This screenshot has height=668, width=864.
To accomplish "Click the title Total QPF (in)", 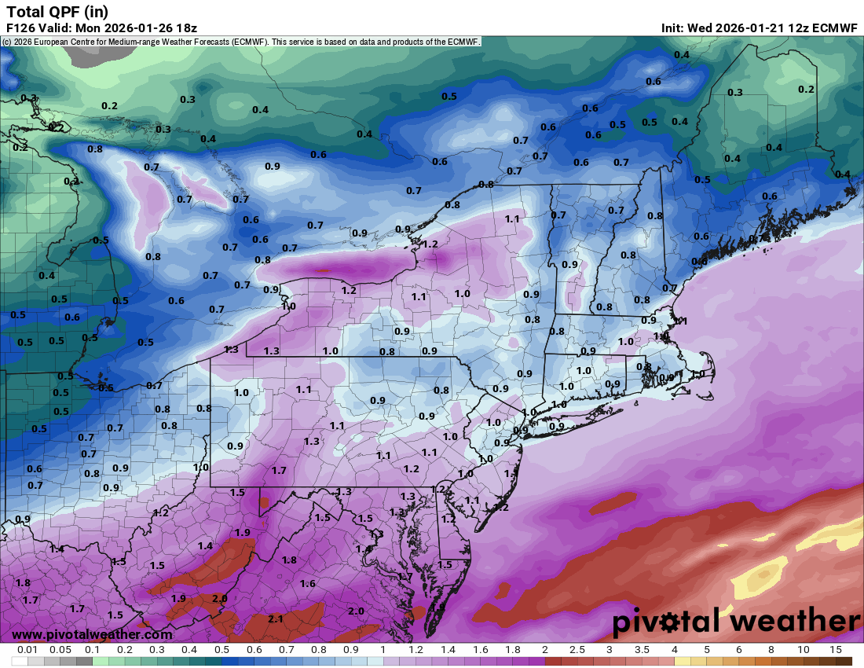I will click(57, 12).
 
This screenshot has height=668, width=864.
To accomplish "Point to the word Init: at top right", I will click(673, 28).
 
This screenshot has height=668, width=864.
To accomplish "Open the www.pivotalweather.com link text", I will click(92, 634).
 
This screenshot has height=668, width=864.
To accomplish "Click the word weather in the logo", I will click(793, 622).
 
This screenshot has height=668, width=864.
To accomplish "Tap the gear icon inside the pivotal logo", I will click(670, 624).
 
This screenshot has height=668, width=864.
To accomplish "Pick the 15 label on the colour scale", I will click(836, 650).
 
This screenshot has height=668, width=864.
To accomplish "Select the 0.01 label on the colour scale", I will click(28, 650).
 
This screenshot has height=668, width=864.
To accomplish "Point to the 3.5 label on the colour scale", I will click(642, 650).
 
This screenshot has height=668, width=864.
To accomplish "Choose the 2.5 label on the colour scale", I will click(577, 650).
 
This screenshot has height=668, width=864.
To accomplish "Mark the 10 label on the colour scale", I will click(804, 650).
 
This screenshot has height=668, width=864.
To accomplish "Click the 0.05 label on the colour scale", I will click(60, 650).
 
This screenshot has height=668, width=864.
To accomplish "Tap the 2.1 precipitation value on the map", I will click(276, 618).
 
